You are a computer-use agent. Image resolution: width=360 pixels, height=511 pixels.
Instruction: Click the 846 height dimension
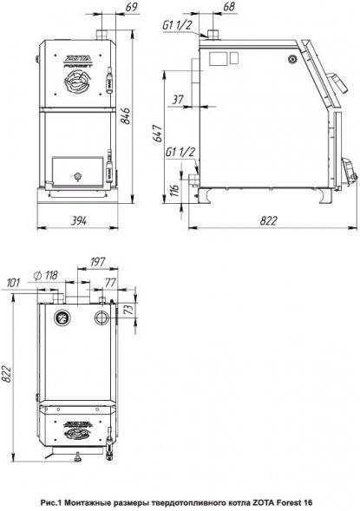[126, 116]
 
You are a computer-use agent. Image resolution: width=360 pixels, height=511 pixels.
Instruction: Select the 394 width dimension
[79, 221]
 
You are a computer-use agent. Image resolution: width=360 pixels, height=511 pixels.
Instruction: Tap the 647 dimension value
[158, 133]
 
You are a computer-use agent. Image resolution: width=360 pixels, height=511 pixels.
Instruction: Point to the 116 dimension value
[174, 190]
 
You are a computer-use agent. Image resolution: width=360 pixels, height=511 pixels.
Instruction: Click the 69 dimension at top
[131, 7]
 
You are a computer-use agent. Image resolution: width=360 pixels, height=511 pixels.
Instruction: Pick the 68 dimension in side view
[229, 7]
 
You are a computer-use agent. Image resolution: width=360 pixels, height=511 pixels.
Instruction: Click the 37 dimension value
[178, 100]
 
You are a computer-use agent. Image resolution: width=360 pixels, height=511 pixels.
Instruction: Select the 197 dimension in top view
[97, 262]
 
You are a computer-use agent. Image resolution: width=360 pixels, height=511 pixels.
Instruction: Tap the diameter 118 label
[46, 276]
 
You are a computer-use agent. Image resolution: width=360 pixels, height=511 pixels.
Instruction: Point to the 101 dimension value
[14, 282]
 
